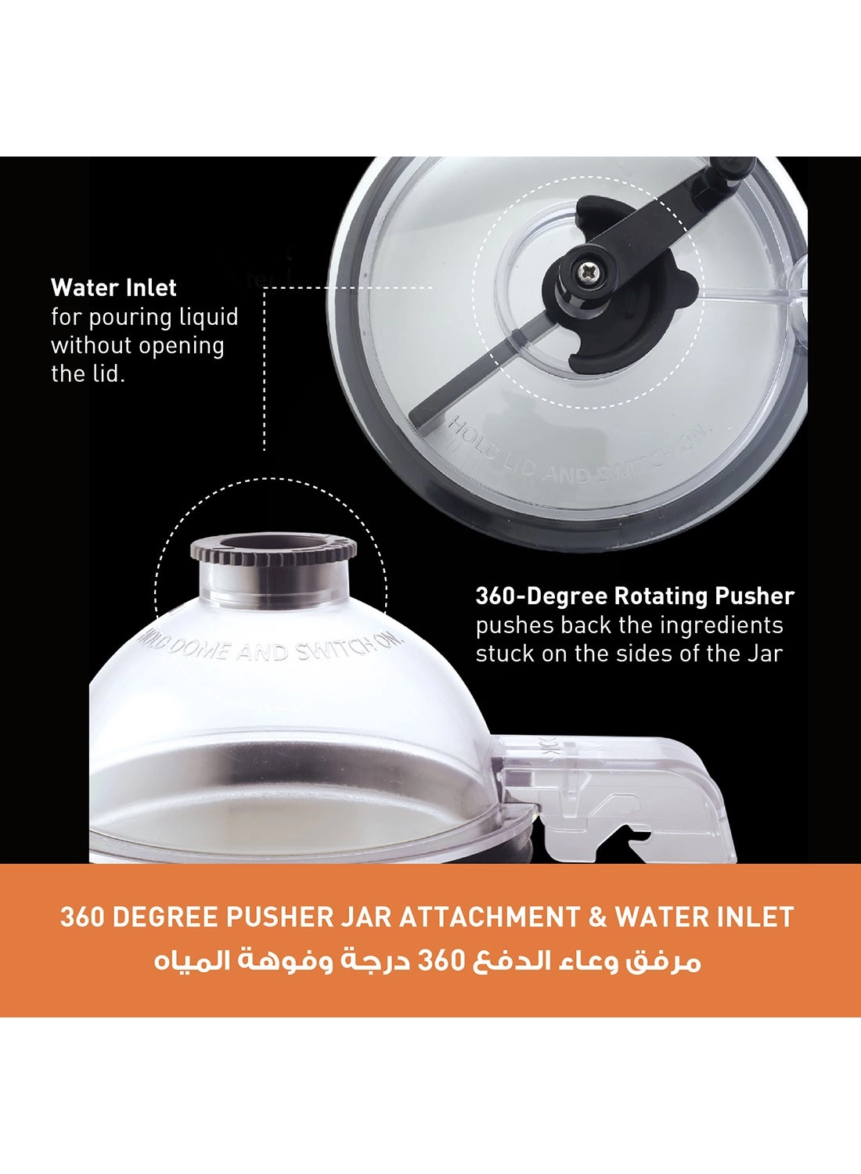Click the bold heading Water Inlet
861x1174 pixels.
pyautogui.click(x=113, y=288)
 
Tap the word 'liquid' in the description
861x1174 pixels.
pyautogui.click(x=207, y=317)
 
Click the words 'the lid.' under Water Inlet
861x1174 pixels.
pyautogui.click(x=88, y=374)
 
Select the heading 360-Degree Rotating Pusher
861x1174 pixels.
pyautogui.click(x=635, y=596)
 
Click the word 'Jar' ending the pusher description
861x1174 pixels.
pyautogui.click(x=764, y=654)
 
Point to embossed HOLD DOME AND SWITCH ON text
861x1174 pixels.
pyautogui.click(x=270, y=649)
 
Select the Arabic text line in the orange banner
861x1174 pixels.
pyautogui.click(x=427, y=961)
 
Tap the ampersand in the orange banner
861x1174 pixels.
pyautogui.click(x=598, y=917)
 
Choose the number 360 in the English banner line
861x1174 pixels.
pyautogui.click(x=82, y=917)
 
